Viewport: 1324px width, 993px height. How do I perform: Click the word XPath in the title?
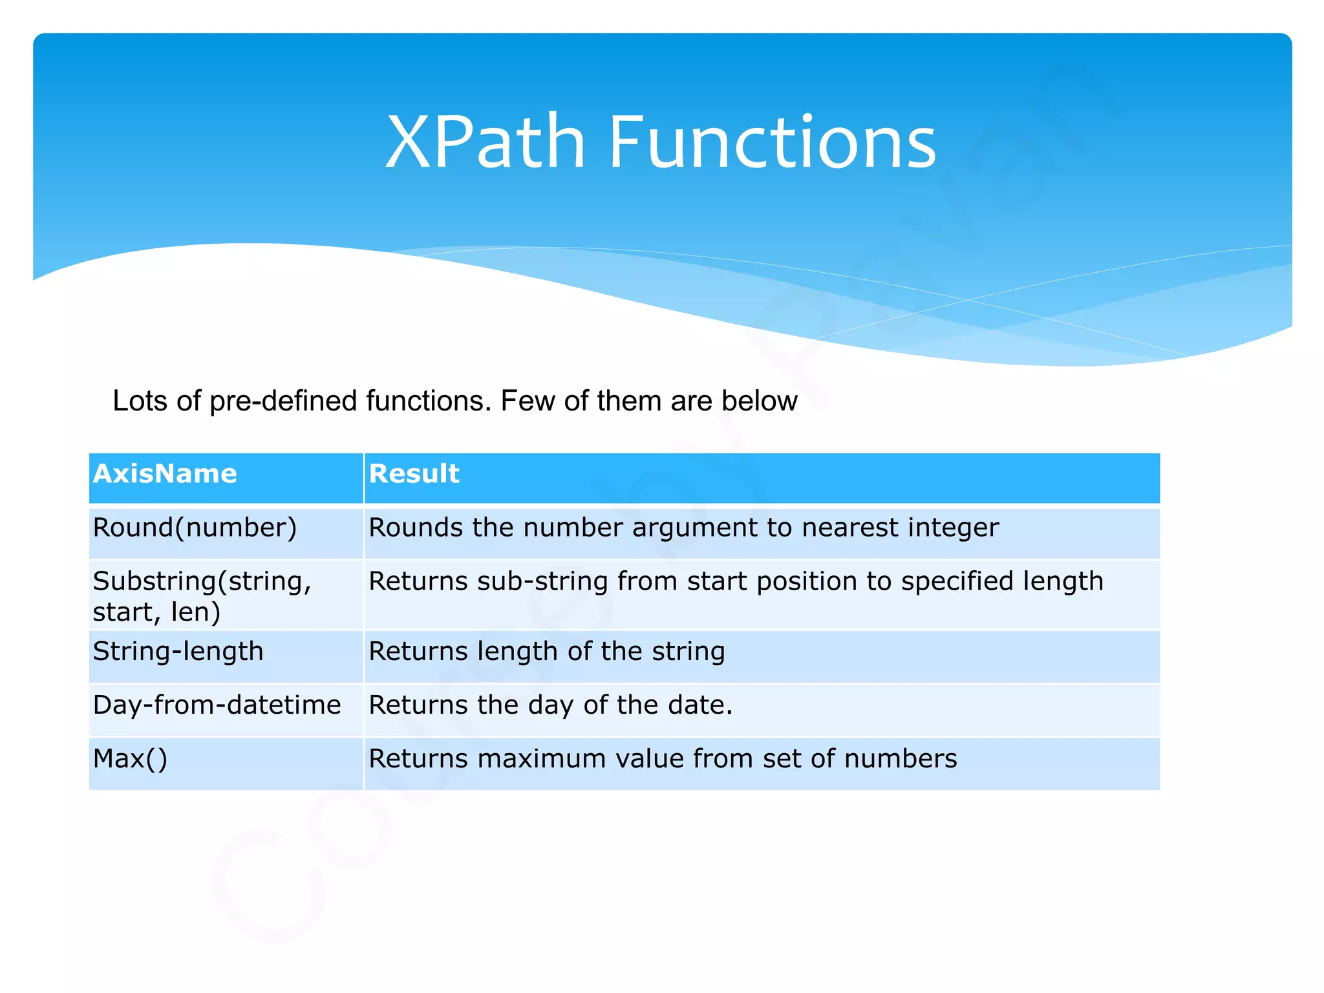485,142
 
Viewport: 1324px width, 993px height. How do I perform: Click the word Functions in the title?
772,142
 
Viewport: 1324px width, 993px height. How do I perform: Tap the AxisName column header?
165,474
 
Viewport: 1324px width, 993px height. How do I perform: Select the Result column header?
414,474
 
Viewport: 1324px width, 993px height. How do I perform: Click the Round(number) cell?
195,528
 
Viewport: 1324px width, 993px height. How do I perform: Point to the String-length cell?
178,651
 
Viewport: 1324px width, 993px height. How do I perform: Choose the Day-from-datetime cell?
217,705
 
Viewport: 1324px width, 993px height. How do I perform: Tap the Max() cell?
130,759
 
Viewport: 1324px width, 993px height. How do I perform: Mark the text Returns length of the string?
546,651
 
